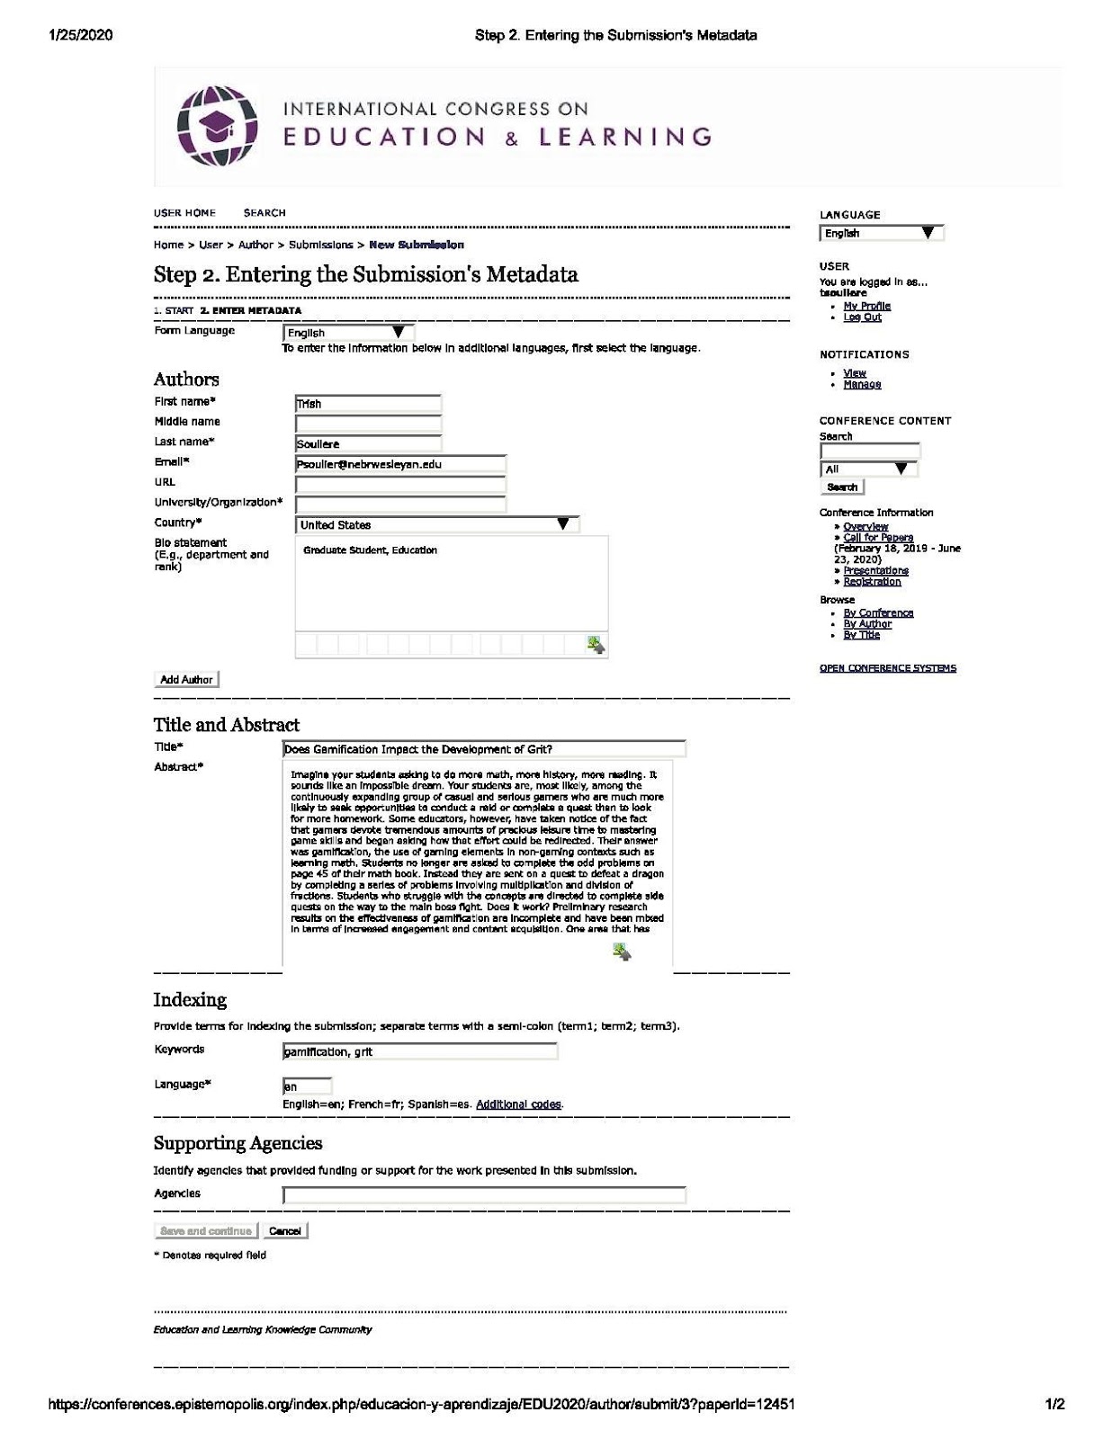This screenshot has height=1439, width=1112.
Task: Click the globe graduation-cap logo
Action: pos(218,126)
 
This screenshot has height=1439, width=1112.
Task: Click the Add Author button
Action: pos(186,680)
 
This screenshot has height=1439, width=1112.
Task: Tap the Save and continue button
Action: pos(206,1230)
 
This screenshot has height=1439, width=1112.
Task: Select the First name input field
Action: pos(368,404)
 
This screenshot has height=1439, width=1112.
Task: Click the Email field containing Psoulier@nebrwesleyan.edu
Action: pos(400,464)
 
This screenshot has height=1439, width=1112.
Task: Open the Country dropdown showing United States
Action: pos(436,524)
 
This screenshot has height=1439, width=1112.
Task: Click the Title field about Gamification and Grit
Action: pos(484,749)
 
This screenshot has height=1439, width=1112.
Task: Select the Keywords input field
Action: pos(419,1050)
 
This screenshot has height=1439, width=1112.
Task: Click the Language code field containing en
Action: pos(307,1086)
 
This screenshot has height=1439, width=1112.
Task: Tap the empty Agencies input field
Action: pos(484,1195)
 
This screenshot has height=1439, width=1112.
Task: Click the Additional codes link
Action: pos(518,1104)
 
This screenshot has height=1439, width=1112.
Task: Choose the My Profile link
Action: pos(866,306)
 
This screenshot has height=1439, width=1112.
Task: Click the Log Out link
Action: pos(862,317)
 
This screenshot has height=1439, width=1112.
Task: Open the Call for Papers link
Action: pos(877,537)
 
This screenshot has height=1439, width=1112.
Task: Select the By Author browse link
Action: pos(867,623)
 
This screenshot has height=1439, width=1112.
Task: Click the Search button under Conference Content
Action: pos(842,487)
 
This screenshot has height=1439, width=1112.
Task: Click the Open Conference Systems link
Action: pos(887,668)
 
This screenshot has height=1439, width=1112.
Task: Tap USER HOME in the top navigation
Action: pos(184,213)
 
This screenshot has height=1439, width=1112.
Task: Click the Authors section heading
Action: pos(186,379)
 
